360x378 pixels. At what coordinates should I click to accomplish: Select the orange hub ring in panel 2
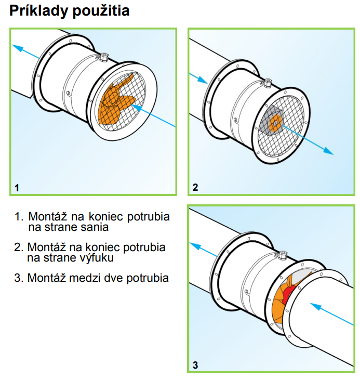(x=276, y=122)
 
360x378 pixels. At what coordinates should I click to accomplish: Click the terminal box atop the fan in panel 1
(x=103, y=55)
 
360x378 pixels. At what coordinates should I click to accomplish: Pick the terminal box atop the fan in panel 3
(x=283, y=255)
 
